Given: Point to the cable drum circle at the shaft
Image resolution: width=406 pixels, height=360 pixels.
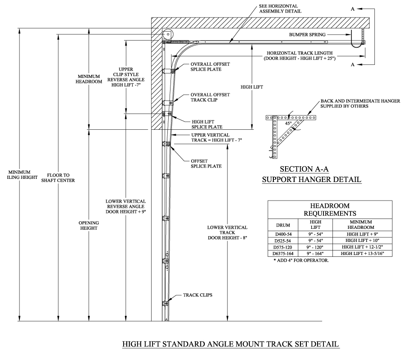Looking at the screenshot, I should (x=167, y=34).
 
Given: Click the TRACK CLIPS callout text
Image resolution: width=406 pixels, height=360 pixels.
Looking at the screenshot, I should (x=198, y=295).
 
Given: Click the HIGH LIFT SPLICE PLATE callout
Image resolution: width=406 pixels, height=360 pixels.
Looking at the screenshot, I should (x=206, y=124).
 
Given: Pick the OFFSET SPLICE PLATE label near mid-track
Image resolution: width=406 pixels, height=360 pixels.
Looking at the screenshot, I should (x=206, y=163).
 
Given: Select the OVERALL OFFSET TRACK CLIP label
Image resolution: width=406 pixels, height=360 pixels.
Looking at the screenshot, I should (x=210, y=97).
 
